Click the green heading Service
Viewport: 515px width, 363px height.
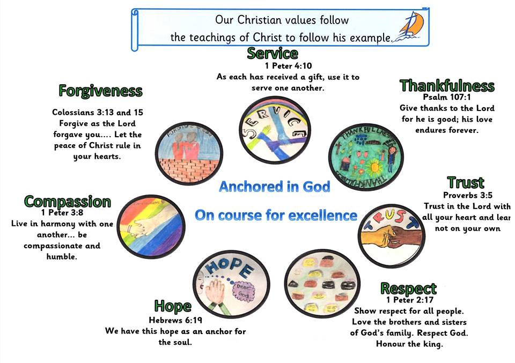pyautogui.click(x=272, y=53)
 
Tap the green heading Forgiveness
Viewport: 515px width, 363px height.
pyautogui.click(x=100, y=90)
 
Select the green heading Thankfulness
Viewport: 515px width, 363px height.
pyautogui.click(x=446, y=86)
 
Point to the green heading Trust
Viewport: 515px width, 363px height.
pyautogui.click(x=466, y=182)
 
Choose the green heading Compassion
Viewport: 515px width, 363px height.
pyautogui.click(x=68, y=202)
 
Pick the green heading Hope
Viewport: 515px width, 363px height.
pyautogui.click(x=173, y=306)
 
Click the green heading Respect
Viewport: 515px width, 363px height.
pyautogui.click(x=408, y=288)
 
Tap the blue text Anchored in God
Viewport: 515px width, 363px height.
pyautogui.click(x=274, y=187)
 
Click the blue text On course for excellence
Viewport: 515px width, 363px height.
pyautogui.click(x=276, y=216)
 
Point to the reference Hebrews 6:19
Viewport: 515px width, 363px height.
pyautogui.click(x=174, y=320)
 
